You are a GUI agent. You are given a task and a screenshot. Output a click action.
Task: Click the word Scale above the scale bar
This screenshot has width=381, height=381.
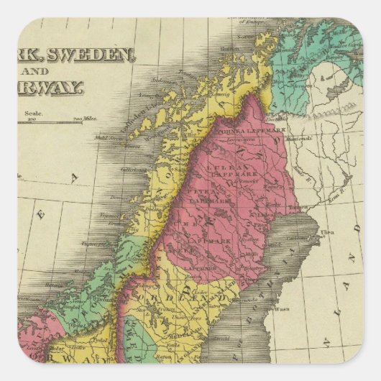point(34,113)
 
